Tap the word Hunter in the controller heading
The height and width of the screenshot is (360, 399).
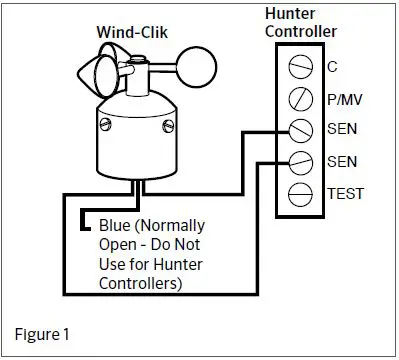[292, 13]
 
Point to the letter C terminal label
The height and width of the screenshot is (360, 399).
[332, 67]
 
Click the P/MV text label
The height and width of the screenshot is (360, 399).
[344, 99]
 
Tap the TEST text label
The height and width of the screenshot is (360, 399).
[344, 193]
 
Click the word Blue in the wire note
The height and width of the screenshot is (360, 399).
[115, 222]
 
